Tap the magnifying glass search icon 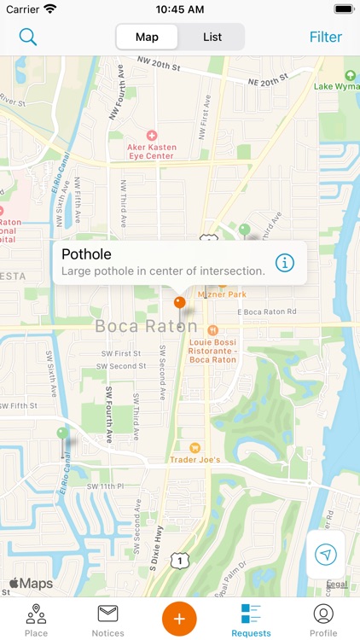click(x=28, y=37)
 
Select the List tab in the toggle click(x=212, y=37)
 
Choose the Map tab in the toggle click(x=147, y=37)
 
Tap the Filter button click(x=325, y=37)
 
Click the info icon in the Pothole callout click(x=285, y=263)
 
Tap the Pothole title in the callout click(x=86, y=253)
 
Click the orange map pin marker click(x=179, y=302)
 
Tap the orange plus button click(x=179, y=618)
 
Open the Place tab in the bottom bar click(x=36, y=619)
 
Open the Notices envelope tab click(x=107, y=619)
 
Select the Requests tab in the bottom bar click(x=251, y=619)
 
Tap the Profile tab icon click(x=323, y=619)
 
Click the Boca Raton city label click(x=146, y=326)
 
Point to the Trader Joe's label click(x=198, y=459)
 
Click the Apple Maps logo click(x=31, y=584)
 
